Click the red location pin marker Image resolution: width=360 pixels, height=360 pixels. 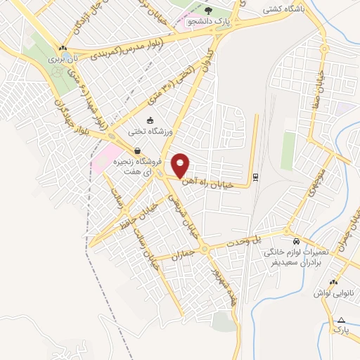click(x=181, y=165)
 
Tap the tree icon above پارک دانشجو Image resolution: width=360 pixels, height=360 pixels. click(x=209, y=10)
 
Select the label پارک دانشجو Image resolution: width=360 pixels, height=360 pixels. click(x=209, y=22)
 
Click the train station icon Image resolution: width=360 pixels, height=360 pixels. click(x=255, y=176)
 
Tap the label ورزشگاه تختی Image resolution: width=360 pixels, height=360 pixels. click(x=150, y=131)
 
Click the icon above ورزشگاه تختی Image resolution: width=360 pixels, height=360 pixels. click(x=150, y=120)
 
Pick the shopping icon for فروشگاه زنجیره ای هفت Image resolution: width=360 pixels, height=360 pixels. click(x=136, y=150)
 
